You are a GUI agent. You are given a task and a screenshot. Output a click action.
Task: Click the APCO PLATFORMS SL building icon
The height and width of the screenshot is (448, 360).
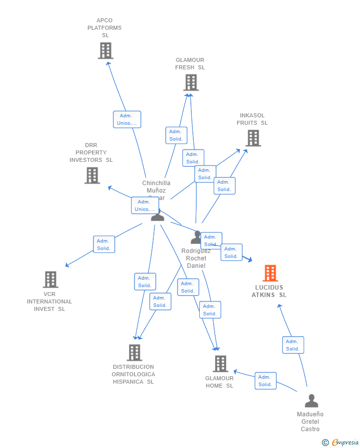tap(105, 50)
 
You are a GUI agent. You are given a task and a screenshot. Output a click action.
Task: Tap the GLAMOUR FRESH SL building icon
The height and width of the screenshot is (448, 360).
tap(191, 82)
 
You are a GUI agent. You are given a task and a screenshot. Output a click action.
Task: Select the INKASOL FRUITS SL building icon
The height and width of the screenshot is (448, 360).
tap(253, 138)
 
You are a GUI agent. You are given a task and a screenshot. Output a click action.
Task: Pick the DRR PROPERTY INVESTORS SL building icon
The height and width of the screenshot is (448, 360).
tap(92, 175)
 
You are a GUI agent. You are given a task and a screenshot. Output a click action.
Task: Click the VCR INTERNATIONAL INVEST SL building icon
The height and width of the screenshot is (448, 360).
tap(50, 279)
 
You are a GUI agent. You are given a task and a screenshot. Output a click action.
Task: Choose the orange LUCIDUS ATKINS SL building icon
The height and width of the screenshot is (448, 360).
tap(270, 273)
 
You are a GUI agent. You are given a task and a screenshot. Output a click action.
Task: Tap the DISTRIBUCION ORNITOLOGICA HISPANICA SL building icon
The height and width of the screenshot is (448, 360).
tap(135, 352)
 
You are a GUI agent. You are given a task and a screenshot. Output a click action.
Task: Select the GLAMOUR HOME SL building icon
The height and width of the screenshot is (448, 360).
tap(221, 363)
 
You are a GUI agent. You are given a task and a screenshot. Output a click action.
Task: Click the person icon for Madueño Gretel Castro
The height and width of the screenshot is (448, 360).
tap(311, 401)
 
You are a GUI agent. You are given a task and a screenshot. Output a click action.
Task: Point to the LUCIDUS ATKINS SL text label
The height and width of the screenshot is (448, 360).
tap(269, 291)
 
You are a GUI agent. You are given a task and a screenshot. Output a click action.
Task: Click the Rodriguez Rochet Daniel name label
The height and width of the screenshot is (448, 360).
tap(196, 258)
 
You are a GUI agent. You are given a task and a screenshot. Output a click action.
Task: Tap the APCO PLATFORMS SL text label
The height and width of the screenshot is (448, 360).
tap(104, 28)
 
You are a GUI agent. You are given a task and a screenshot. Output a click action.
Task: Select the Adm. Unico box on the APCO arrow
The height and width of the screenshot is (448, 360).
tap(127, 119)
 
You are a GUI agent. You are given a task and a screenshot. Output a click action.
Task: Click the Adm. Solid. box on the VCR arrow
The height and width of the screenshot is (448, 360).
tap(104, 245)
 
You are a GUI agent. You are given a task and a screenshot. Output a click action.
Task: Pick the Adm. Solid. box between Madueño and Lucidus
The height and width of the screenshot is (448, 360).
tap(293, 345)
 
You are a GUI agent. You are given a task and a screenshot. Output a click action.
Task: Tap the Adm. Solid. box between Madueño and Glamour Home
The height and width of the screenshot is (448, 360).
tap(265, 381)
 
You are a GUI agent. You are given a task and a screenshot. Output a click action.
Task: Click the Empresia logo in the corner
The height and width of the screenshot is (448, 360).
tap(345, 443)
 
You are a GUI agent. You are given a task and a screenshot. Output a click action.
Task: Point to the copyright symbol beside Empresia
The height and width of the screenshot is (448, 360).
tap(325, 443)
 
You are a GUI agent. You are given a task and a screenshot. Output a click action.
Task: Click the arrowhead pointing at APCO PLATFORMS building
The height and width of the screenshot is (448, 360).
tap(108, 63)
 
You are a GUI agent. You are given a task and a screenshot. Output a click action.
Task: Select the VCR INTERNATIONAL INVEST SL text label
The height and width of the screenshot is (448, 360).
tap(49, 301)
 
